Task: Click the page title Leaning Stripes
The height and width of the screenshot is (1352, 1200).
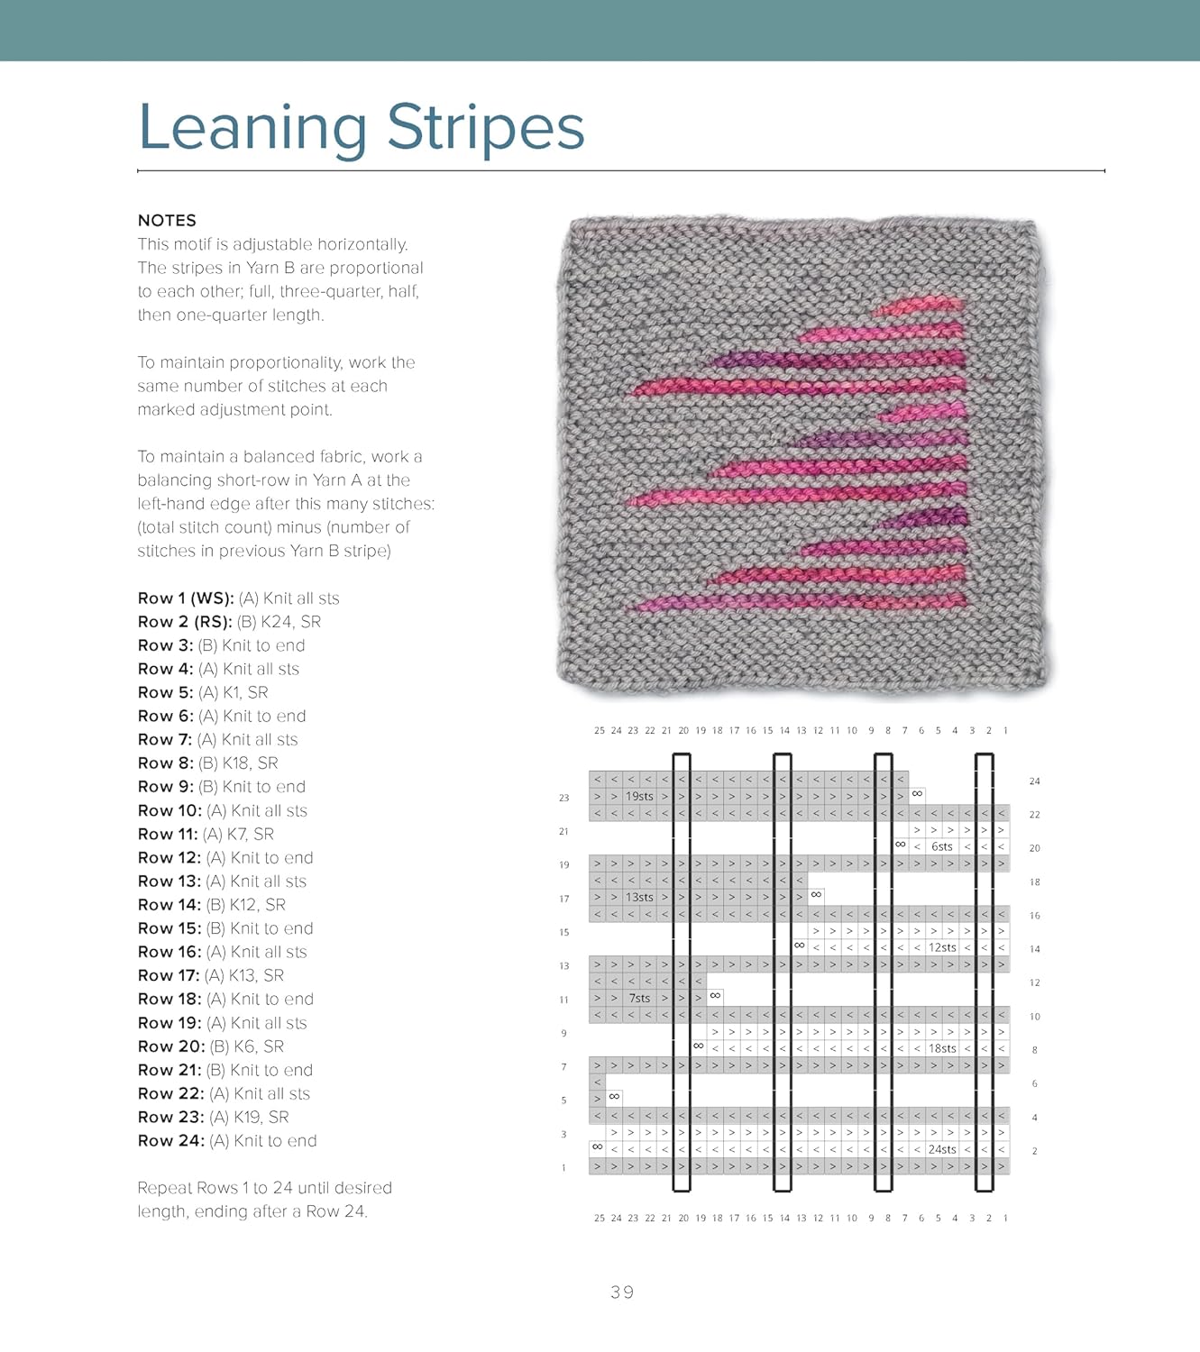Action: point(361,127)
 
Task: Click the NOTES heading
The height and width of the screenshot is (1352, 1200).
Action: point(167,221)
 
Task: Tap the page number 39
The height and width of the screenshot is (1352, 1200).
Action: point(622,1293)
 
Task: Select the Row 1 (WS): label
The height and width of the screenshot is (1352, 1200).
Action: point(186,598)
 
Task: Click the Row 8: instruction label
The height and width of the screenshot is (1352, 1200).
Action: point(165,763)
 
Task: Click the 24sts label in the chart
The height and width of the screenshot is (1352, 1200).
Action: point(942,1150)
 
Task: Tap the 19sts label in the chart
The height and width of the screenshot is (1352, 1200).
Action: point(639,797)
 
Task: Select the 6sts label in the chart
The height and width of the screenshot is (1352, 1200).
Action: point(942,847)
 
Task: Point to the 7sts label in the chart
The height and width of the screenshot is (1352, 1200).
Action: point(639,999)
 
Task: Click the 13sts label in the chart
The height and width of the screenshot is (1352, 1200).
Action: point(639,898)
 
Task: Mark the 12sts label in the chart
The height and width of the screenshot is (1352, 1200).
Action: point(942,948)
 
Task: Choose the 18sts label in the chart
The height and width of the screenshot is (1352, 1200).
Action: point(942,1049)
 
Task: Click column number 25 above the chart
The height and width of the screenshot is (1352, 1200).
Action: point(600,731)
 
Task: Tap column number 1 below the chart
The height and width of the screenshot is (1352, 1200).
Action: point(1005,1219)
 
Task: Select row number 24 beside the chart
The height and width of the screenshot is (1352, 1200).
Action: point(1034,781)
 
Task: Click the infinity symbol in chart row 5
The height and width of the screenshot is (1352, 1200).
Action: point(614,1097)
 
